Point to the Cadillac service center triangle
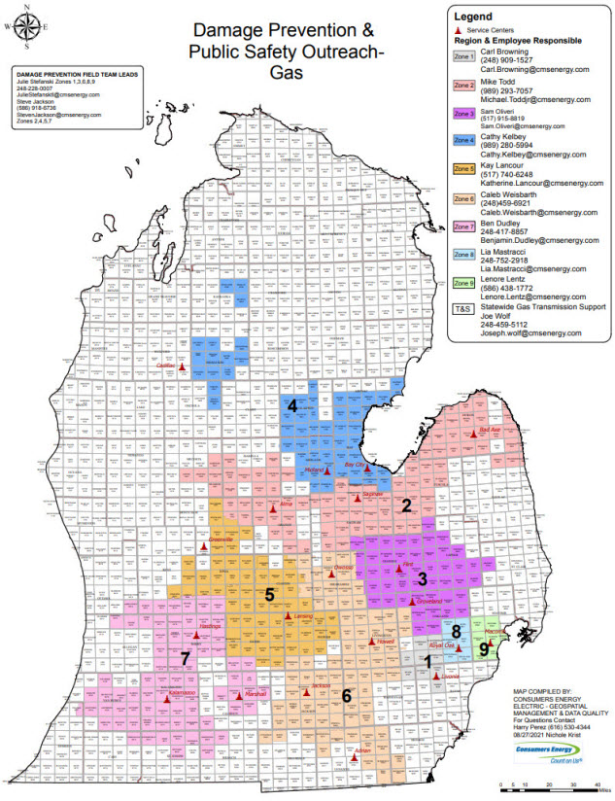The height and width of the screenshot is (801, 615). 183,368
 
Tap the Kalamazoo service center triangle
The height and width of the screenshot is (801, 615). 167,699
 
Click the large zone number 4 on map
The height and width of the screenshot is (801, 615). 290,405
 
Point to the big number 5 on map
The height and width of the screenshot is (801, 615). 270,594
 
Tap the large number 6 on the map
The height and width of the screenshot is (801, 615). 346,695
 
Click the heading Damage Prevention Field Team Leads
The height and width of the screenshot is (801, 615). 70,75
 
